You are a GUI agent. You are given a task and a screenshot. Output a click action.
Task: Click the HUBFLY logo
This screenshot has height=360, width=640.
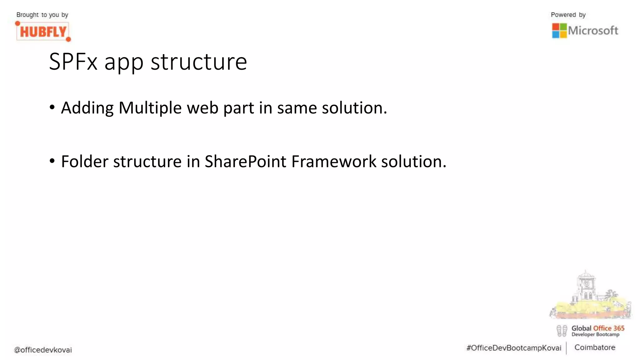tap(43, 32)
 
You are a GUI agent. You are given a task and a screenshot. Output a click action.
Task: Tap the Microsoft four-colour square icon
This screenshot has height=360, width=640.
tap(559, 31)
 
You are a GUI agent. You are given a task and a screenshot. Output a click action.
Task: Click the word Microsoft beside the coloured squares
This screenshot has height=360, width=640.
tap(593, 31)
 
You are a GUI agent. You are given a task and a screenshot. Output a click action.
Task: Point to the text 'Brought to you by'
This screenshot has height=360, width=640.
tap(42, 15)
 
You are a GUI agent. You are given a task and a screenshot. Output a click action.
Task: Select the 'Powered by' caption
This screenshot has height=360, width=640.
tap(568, 15)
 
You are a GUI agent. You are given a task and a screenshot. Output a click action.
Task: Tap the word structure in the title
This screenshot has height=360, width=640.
tap(199, 62)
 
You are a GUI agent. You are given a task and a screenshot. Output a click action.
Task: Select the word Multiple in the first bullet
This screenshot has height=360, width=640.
tap(150, 108)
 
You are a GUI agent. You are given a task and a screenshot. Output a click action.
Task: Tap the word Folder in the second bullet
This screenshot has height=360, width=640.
tap(84, 162)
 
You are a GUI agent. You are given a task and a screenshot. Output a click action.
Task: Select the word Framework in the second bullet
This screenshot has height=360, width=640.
tap(334, 162)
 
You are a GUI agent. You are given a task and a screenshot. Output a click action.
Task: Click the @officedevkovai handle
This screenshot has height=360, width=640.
tap(43, 350)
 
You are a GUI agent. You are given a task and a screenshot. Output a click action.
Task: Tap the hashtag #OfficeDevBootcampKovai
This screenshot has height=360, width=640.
tap(513, 348)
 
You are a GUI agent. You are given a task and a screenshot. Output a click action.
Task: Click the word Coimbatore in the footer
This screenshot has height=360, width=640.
tap(594, 347)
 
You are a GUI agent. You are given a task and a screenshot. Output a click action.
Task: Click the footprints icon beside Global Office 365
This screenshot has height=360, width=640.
tap(562, 331)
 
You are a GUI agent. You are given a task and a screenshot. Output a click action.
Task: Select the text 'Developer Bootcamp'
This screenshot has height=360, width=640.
tap(595, 334)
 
